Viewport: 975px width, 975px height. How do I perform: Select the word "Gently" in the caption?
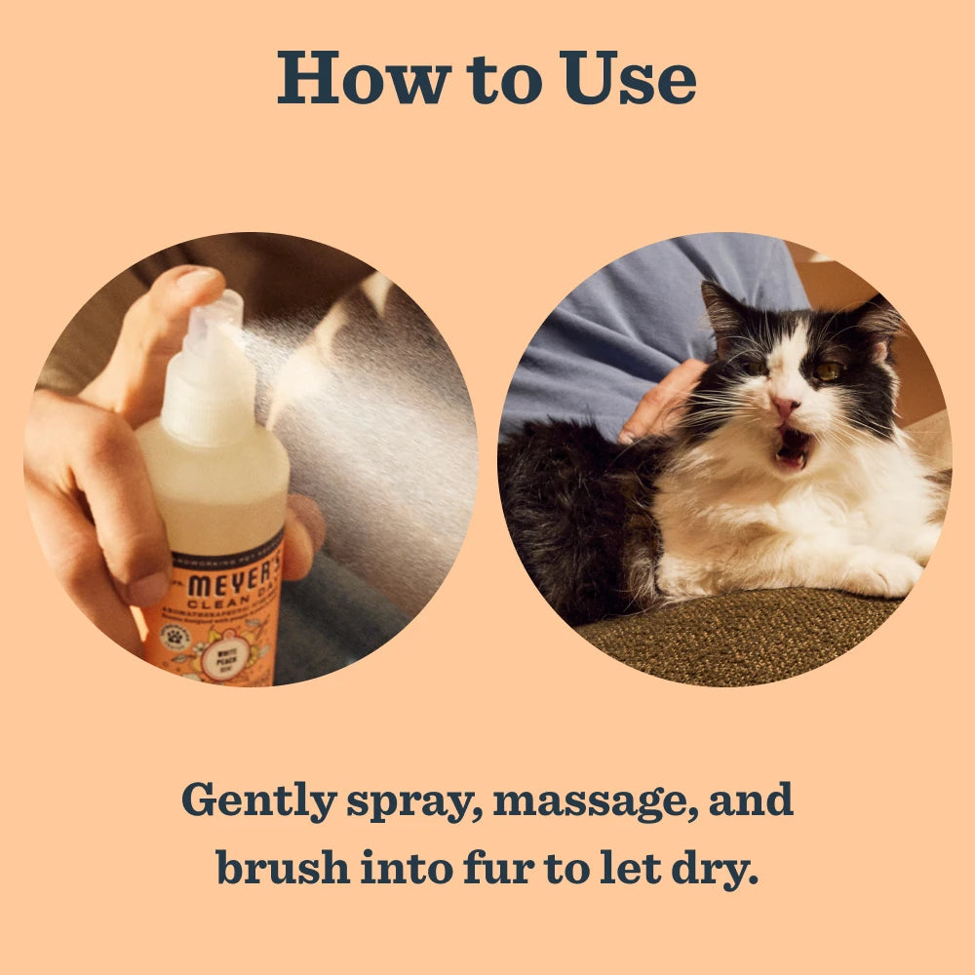tap(257, 801)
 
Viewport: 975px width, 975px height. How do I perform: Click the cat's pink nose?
tap(786, 405)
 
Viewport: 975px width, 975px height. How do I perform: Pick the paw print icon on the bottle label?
tap(175, 636)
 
